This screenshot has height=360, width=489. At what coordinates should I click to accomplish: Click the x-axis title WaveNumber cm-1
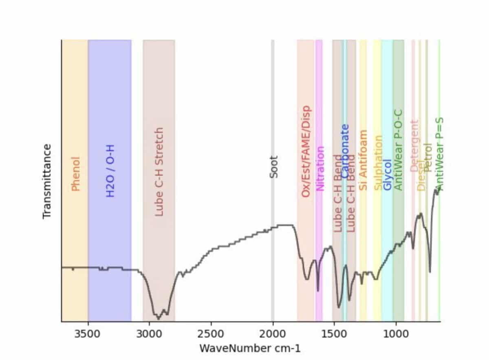tap(247, 349)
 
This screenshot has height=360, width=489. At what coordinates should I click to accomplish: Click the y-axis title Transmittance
tap(47, 181)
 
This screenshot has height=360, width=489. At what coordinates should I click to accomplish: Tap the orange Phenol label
tap(75, 174)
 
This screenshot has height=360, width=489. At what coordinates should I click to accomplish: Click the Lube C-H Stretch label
tap(159, 171)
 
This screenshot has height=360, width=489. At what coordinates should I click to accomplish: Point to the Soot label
tap(274, 167)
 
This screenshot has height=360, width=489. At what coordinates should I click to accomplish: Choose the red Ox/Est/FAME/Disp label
tap(306, 152)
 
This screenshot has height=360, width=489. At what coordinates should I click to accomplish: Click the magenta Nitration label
tap(320, 169)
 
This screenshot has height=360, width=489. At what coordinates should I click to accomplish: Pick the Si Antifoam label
tap(363, 160)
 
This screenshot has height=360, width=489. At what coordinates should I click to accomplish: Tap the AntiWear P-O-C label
tap(398, 149)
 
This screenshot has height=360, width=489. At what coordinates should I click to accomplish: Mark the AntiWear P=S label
tap(438, 154)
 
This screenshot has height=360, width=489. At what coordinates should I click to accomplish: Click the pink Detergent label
tap(414, 145)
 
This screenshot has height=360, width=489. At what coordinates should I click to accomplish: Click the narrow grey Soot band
tap(273, 102)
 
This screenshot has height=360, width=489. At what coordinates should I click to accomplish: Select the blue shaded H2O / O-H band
tap(110, 102)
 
